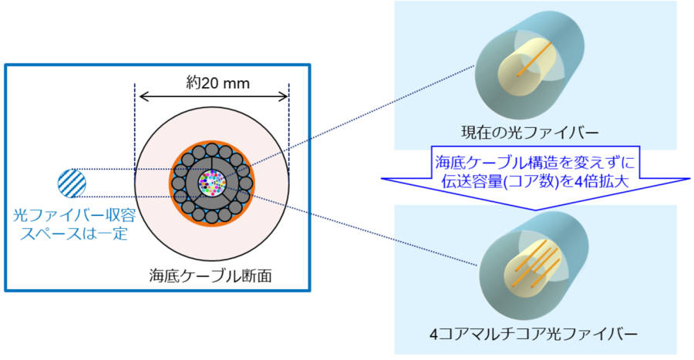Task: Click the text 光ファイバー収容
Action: tap(74, 214)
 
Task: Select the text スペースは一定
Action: tap(74, 232)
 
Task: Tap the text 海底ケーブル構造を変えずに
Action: tap(534, 163)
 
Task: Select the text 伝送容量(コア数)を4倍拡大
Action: tap(534, 183)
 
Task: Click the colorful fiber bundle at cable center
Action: tap(211, 183)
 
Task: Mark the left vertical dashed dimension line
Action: tap(136, 123)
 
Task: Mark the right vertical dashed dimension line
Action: tap(288, 123)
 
